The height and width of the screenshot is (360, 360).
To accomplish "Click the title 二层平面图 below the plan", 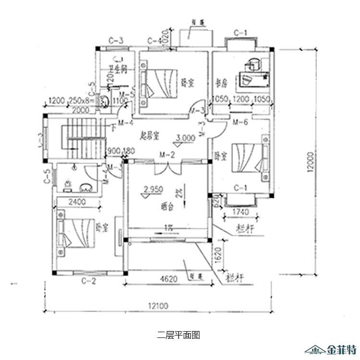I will coord(178,335).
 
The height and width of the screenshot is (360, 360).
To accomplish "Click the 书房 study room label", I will coord(220,83).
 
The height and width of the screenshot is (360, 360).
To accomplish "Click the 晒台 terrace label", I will coord(167,207).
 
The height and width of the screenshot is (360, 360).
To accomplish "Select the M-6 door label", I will coord(240,123).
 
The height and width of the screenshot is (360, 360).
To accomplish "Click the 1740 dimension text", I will coord(240,212).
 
